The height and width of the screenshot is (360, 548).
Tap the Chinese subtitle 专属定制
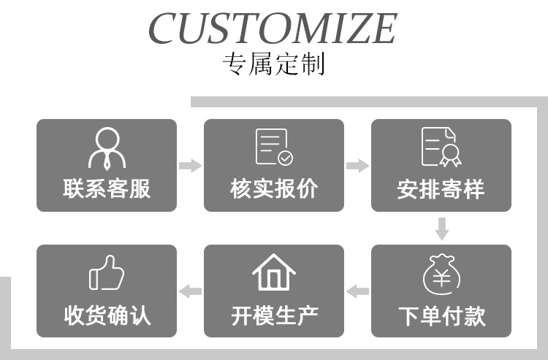[273, 65]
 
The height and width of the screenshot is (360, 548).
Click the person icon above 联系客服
[107, 148]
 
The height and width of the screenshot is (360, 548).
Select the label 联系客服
[107, 189]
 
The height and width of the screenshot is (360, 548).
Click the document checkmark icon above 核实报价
[274, 148]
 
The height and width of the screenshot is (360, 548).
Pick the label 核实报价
[274, 189]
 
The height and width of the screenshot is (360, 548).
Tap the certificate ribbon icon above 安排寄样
[441, 148]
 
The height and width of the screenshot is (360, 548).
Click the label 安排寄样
[441, 189]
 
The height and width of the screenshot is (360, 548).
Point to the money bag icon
[441, 273]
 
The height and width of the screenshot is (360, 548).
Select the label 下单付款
[441, 316]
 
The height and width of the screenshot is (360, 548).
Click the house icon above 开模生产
[274, 272]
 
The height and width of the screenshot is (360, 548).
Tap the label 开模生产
[274, 316]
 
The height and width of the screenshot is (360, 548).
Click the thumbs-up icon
[107, 273]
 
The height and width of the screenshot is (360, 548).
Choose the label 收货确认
[107, 316]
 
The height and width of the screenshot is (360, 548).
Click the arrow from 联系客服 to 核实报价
[190, 166]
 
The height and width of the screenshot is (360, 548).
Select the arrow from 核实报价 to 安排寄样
[357, 166]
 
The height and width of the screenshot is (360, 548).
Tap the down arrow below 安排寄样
[441, 229]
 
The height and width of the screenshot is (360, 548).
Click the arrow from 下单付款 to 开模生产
[357, 292]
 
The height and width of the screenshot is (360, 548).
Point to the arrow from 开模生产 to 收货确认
[190, 292]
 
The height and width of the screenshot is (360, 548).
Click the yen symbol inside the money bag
[441, 277]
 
